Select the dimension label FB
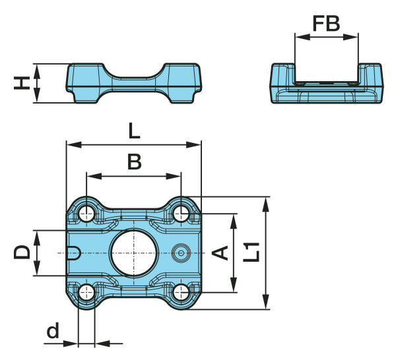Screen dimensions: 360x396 [326, 24]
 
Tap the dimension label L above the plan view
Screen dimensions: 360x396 [134, 131]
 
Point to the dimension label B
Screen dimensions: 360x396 [134, 162]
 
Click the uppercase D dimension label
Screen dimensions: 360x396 [22, 253]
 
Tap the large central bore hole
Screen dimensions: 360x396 [134, 253]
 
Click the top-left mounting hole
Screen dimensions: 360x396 [86, 213]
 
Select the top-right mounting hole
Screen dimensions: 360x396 [181, 213]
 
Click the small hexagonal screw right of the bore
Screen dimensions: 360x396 [181, 253]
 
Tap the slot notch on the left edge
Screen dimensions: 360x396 [74, 253]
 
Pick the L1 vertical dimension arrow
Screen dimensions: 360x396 [266, 253]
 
